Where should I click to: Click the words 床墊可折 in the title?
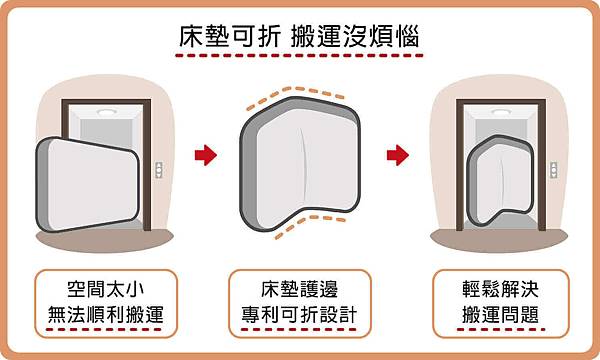pyautogui.click(x=226, y=36)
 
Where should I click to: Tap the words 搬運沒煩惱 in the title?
pyautogui.click(x=350, y=36)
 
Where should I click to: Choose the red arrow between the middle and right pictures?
pyautogui.click(x=397, y=155)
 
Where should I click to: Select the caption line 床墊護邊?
pyautogui.click(x=299, y=286)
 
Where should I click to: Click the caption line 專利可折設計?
pyautogui.click(x=299, y=318)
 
